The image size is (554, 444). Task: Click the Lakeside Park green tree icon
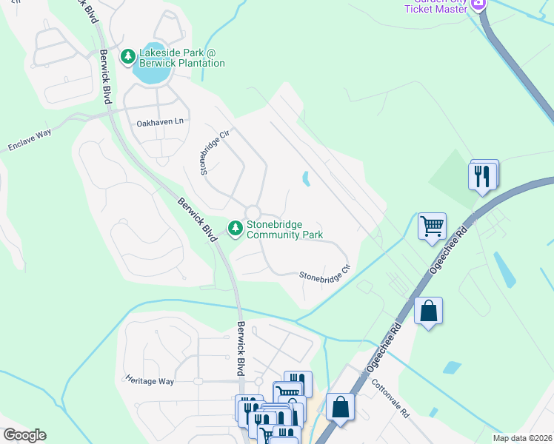tap(128, 55)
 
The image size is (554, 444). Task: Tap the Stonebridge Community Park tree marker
tap(236, 228)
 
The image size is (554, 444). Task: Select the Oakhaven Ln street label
tap(159, 121)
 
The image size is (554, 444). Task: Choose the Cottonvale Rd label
tap(390, 399)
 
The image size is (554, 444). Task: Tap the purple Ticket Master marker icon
tap(478, 4)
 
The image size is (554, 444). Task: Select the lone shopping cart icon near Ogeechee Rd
tap(431, 225)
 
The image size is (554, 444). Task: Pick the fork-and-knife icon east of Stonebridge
tap(482, 175)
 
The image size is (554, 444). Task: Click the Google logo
tap(24, 435)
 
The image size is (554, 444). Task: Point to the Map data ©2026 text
tap(522, 438)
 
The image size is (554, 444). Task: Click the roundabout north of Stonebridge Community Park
tap(254, 212)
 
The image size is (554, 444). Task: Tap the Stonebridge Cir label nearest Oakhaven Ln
tap(213, 154)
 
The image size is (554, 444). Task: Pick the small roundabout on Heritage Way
tap(198, 382)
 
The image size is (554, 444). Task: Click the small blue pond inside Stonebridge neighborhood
tap(306, 178)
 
